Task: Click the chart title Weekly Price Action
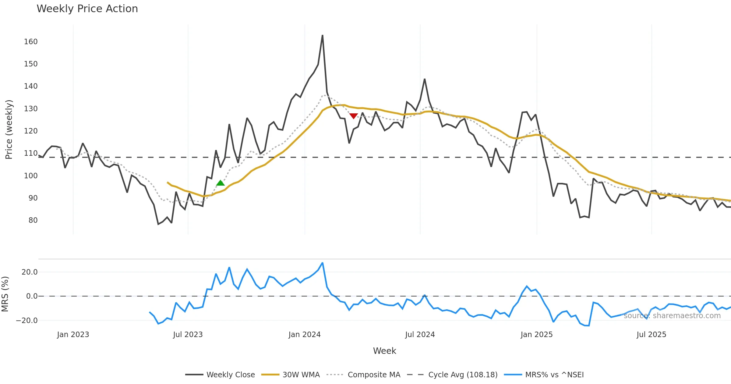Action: [87, 9]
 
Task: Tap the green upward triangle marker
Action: [220, 183]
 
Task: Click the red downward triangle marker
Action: [353, 116]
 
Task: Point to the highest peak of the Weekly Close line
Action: [323, 35]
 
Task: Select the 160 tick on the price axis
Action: [31, 41]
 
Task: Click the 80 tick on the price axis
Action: [33, 220]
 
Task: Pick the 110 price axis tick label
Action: [31, 153]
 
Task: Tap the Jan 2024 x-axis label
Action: [305, 334]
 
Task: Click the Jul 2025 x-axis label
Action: [651, 334]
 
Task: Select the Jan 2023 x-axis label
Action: [73, 334]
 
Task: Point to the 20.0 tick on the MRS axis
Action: [30, 272]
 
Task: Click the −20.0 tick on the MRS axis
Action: [27, 320]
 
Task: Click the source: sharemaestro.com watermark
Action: [672, 315]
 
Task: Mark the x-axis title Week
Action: [384, 351]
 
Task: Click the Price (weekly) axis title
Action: [9, 130]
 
